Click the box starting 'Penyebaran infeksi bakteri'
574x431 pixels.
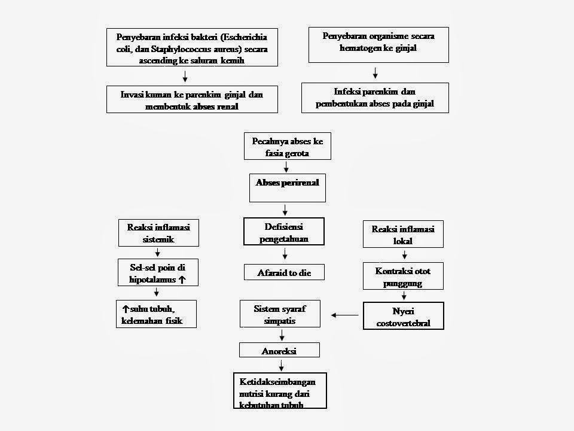coord(192,48)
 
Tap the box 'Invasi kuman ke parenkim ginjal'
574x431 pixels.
coord(192,99)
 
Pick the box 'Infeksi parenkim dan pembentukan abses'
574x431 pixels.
coord(375,98)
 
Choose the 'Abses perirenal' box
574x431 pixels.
coord(286,188)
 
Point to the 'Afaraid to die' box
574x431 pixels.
coord(285,272)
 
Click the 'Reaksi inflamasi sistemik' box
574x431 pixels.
coord(158,233)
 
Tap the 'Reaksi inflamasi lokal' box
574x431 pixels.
coord(403,235)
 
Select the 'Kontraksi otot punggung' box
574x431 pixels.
coord(403,277)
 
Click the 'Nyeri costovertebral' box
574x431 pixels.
coord(403,316)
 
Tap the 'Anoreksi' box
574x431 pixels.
coord(279,350)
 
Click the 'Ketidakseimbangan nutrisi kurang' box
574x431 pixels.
coord(280,390)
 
